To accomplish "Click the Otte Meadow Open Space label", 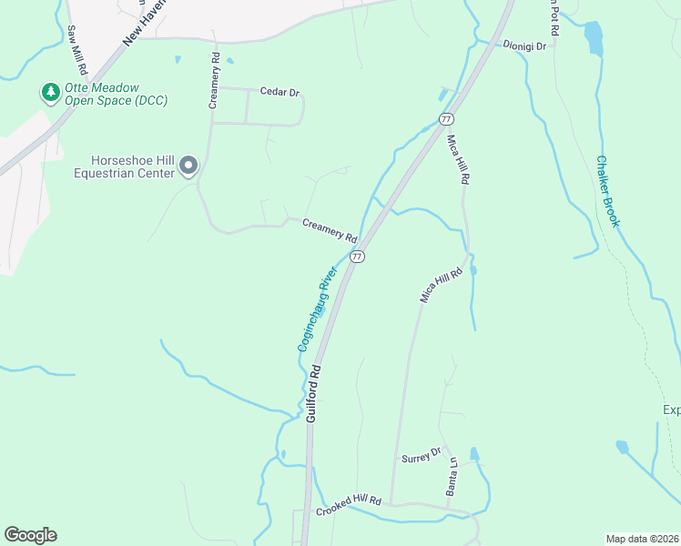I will [109, 94].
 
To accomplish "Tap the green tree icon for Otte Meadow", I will [48, 93].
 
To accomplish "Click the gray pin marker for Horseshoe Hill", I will [188, 165].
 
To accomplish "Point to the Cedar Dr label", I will [280, 92].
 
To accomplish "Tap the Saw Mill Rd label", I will [76, 49].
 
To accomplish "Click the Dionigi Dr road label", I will [524, 45].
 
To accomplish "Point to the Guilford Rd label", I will [315, 393].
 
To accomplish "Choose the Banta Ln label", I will [452, 475].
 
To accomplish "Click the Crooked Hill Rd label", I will [348, 507].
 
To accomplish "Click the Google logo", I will [30, 535].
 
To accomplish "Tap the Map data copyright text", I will [643, 538].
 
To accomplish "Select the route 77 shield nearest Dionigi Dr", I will [445, 119].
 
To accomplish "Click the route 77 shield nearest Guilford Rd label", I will [357, 257].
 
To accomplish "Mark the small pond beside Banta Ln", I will [473, 453].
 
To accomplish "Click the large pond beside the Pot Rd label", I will [594, 37].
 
